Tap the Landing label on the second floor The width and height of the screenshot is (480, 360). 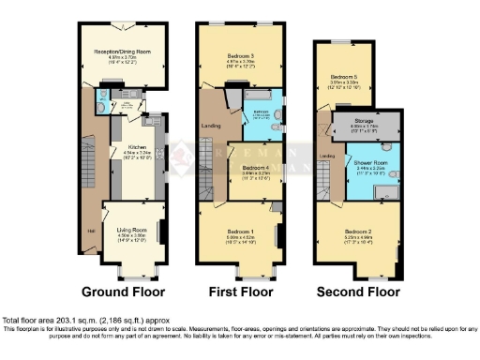(x=327, y=156)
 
